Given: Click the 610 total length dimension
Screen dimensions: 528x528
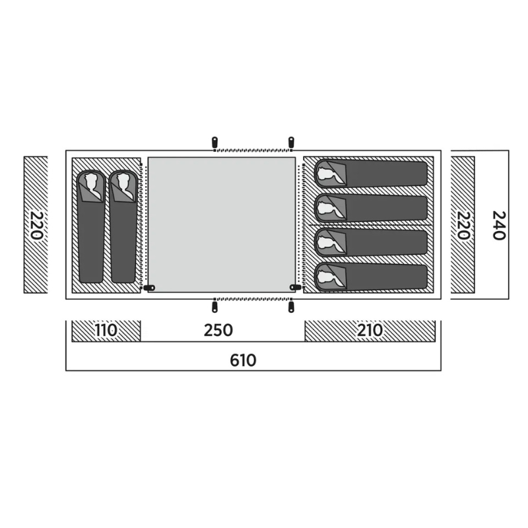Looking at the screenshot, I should [x=243, y=360].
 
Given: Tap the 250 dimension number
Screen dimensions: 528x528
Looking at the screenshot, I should [x=218, y=331].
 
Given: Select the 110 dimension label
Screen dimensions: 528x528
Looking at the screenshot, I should [x=106, y=331].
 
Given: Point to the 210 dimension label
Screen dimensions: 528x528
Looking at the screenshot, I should [x=370, y=331].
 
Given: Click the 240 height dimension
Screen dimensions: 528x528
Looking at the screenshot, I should [x=499, y=225].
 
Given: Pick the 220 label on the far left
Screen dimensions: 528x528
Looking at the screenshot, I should [x=36, y=225].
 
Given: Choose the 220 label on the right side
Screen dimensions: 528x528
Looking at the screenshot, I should [x=463, y=225].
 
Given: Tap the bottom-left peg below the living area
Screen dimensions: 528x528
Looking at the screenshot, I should [x=214, y=307].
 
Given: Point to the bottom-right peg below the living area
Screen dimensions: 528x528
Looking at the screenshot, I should [x=291, y=307].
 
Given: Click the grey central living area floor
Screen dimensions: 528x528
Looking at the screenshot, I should [x=221, y=224].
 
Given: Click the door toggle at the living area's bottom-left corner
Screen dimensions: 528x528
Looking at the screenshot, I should [x=149, y=288].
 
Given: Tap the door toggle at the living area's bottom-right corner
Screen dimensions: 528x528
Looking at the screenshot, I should [x=296, y=288].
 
